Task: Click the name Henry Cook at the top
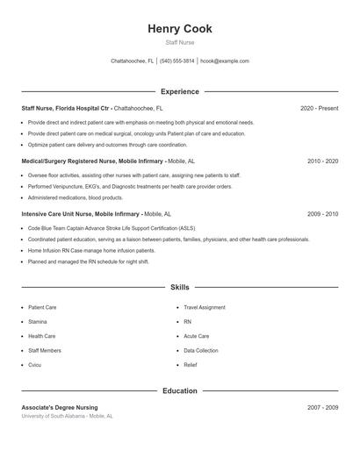pyautogui.click(x=180, y=29)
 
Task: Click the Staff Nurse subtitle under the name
pyautogui.click(x=180, y=42)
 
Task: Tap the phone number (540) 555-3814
pyautogui.click(x=176, y=61)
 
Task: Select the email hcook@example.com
pyautogui.click(x=225, y=61)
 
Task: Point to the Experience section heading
pyautogui.click(x=180, y=91)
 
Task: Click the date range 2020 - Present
pyautogui.click(x=319, y=108)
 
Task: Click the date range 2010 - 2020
pyautogui.click(x=322, y=161)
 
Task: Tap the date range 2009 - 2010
pyautogui.click(x=322, y=214)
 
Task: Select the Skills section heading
pyautogui.click(x=180, y=287)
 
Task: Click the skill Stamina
pyautogui.click(x=39, y=322)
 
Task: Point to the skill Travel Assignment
pyautogui.click(x=204, y=308)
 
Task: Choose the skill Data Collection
pyautogui.click(x=200, y=350)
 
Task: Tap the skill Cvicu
pyautogui.click(x=35, y=365)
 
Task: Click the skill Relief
pyautogui.click(x=191, y=365)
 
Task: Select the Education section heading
pyautogui.click(x=180, y=390)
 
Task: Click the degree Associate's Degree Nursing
pyautogui.click(x=60, y=407)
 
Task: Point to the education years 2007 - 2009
pyautogui.click(x=322, y=407)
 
